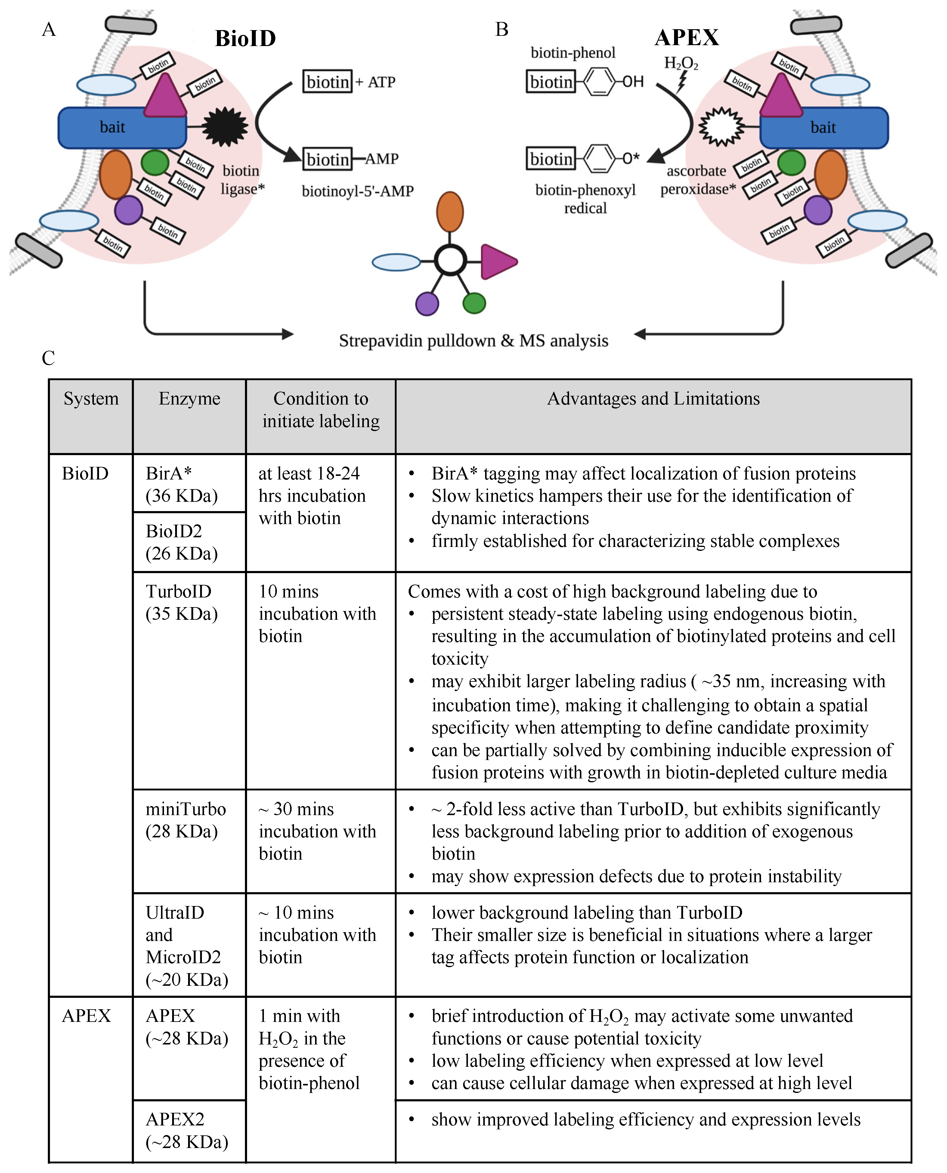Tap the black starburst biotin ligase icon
pyautogui.click(x=225, y=127)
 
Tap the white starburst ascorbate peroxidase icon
pyautogui.click(x=721, y=127)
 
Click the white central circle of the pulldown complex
pyautogui.click(x=450, y=260)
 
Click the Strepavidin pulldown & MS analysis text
pyautogui.click(x=474, y=340)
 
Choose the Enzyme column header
pyautogui.click(x=189, y=399)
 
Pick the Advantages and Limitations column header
pyautogui.click(x=653, y=399)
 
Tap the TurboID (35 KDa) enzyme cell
pyautogui.click(x=182, y=602)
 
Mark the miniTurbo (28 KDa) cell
pyautogui.click(x=185, y=820)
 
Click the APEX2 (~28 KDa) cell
pyautogui.click(x=187, y=1131)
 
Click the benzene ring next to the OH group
pyautogui.click(x=599, y=82)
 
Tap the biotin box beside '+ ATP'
pyautogui.click(x=328, y=82)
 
